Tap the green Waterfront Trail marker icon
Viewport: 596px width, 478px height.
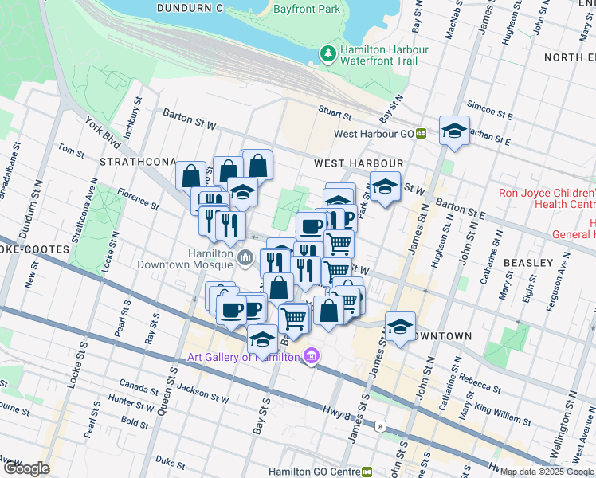(327, 54)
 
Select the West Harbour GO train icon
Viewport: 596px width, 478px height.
(421, 135)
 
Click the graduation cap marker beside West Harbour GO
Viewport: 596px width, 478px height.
(454, 131)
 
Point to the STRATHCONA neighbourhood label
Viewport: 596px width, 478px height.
(136, 162)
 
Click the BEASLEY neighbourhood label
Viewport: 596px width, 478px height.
(528, 262)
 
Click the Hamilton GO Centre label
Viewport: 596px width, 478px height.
(314, 472)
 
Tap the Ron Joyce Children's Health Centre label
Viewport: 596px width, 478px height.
(547, 199)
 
